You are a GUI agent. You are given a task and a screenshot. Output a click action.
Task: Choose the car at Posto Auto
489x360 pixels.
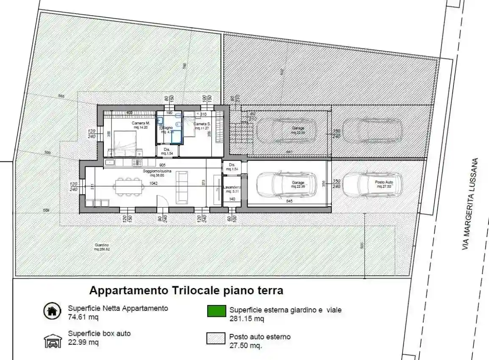372,184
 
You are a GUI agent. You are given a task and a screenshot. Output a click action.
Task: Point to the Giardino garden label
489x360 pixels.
102,247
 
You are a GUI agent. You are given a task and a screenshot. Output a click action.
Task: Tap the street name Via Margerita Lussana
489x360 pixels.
470,204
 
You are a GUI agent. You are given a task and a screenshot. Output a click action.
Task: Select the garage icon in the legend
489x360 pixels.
52,341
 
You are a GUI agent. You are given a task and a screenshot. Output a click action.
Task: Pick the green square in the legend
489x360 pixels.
216,312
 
